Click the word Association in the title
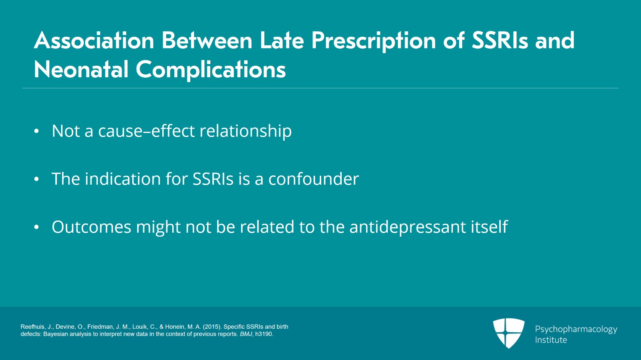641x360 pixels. tap(94, 40)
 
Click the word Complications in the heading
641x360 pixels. tap(211, 70)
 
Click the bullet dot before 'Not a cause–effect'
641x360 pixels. tap(36, 131)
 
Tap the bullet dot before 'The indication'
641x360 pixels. tap(36, 179)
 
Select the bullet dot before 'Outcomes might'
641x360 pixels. tap(36, 227)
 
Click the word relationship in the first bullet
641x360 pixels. tap(246, 131)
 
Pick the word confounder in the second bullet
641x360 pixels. tap(314, 179)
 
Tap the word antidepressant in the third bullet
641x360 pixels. tap(407, 227)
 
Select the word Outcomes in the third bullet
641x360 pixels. tap(91, 227)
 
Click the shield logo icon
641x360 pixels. tap(509, 333)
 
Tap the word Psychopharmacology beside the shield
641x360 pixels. tap(576, 330)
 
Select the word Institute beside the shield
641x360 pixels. tap(551, 340)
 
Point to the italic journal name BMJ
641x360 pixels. tap(246, 334)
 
